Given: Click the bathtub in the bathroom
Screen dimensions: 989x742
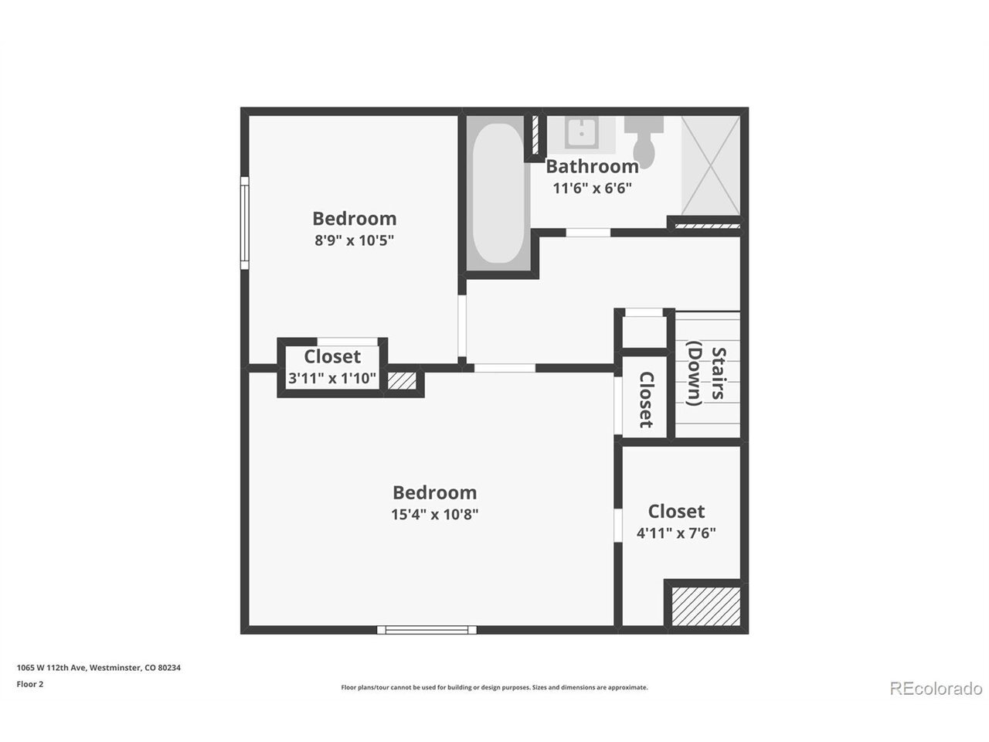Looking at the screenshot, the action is pyautogui.click(x=498, y=193).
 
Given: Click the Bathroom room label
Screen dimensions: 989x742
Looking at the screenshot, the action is pyautogui.click(x=592, y=166).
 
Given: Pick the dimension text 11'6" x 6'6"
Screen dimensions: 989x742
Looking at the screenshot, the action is pyautogui.click(x=592, y=188).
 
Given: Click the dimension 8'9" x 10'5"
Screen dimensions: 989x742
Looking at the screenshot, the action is pyautogui.click(x=354, y=240).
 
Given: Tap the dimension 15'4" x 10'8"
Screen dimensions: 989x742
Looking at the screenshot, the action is pyautogui.click(x=434, y=514).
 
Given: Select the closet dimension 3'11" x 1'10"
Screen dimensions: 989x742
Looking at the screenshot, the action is pyautogui.click(x=332, y=378).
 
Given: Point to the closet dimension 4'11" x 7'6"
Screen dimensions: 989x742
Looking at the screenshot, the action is pyautogui.click(x=676, y=533).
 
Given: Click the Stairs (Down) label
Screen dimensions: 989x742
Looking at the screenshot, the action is pyautogui.click(x=705, y=373).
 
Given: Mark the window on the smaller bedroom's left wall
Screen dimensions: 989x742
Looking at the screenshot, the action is pyautogui.click(x=244, y=223).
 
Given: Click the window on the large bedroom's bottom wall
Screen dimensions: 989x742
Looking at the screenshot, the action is pyautogui.click(x=427, y=630).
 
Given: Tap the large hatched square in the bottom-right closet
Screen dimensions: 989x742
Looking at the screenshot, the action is pyautogui.click(x=705, y=606).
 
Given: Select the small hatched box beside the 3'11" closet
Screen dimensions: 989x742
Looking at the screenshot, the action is pyautogui.click(x=402, y=381).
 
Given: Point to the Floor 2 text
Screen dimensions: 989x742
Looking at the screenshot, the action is pyautogui.click(x=30, y=684).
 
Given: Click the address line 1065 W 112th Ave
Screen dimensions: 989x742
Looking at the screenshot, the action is pyautogui.click(x=99, y=667).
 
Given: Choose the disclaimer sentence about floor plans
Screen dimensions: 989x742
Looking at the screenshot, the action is pyautogui.click(x=494, y=687).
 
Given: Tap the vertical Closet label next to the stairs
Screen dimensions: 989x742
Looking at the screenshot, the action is pyautogui.click(x=646, y=399).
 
